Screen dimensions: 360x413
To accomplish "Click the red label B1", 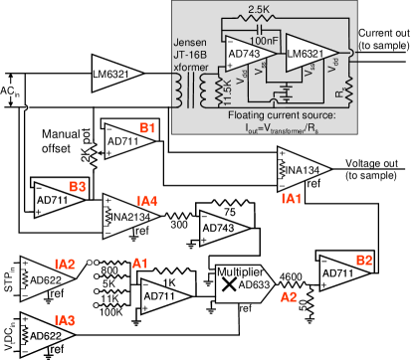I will click(x=147, y=127).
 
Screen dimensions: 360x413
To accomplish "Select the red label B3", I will click(x=78, y=186).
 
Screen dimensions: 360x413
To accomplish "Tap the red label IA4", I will click(x=147, y=201).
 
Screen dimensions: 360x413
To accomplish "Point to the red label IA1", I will click(x=292, y=199).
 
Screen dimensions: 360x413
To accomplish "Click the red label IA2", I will click(x=65, y=265).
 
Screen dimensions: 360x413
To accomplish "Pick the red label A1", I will click(x=140, y=264).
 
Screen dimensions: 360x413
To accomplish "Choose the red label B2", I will click(x=364, y=260).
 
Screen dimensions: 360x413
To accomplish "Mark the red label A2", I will click(x=289, y=296).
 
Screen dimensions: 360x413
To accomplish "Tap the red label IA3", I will click(x=65, y=320).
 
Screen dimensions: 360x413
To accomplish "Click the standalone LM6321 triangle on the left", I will click(x=115, y=73).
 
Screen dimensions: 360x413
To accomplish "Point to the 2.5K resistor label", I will click(x=258, y=10).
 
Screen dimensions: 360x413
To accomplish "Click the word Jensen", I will click(x=191, y=45).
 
